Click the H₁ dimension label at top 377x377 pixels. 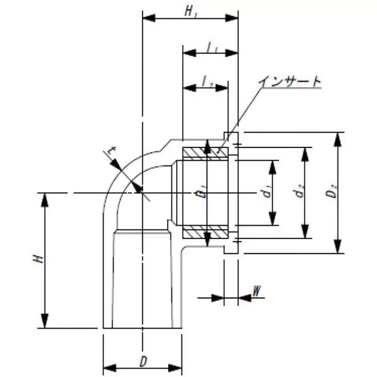pyautogui.click(x=191, y=11)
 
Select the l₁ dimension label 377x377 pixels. pyautogui.click(x=212, y=48)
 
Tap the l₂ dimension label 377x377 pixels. pyautogui.click(x=207, y=81)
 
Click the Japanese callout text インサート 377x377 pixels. pyautogui.click(x=290, y=82)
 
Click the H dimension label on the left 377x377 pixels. pyautogui.click(x=39, y=259)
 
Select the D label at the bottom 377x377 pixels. pyautogui.click(x=143, y=361)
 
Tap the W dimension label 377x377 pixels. pyautogui.click(x=257, y=291)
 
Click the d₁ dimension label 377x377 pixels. pyautogui.click(x=267, y=192)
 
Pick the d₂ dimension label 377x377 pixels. pyautogui.click(x=300, y=191)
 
